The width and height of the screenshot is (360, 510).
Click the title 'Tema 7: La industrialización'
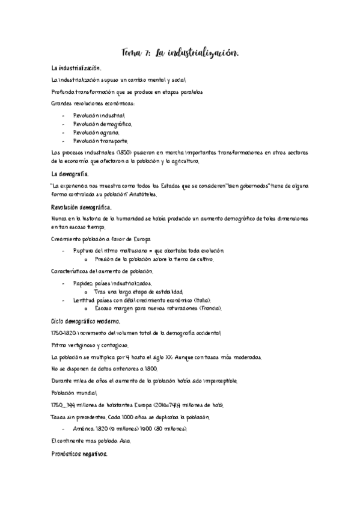click(x=180, y=54)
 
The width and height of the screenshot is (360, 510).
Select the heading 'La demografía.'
click(x=70, y=174)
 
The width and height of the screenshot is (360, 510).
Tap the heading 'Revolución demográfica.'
click(x=81, y=207)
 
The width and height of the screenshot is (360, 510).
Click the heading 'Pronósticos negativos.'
click(x=80, y=455)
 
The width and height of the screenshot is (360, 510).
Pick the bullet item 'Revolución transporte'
click(x=100, y=141)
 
